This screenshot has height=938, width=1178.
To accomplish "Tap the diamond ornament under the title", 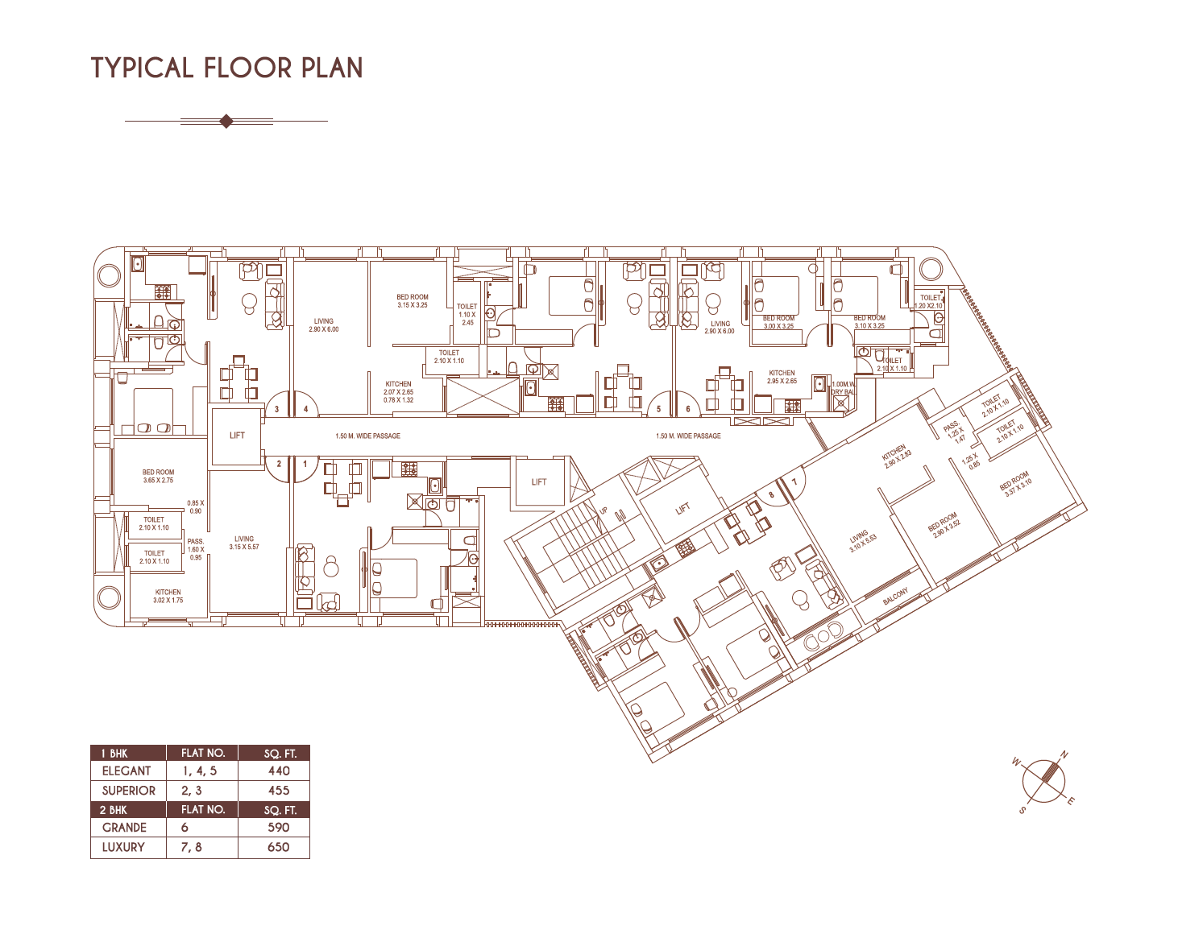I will coord(226,122).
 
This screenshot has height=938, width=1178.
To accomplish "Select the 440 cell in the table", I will coord(279,771).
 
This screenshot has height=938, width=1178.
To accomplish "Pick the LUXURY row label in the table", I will coord(123,847).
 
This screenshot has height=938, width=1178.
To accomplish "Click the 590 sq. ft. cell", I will coord(278,827).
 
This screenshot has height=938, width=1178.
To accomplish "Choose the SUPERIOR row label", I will coord(128,791).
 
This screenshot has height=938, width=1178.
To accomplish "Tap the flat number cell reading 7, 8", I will coord(192,847).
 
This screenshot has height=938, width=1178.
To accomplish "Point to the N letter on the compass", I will coord(1064,755).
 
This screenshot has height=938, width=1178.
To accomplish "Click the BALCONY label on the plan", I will coord(895,597).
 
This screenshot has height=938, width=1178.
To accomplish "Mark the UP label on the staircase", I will coord(603,510).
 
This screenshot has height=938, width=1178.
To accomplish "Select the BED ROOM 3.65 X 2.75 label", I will coord(158,476).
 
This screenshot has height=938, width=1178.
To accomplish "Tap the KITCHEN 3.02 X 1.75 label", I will coord(168,596).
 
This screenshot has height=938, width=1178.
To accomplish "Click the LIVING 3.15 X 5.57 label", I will coord(244,543).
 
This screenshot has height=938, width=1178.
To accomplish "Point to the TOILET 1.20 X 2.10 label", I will coord(929,301).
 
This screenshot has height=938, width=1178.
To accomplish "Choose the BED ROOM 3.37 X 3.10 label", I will coord(1015,485).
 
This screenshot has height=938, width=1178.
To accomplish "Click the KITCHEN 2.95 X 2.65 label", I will coord(782,377).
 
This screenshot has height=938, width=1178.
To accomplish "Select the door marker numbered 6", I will coord(687,409).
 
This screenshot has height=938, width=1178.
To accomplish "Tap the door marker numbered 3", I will coord(277,409).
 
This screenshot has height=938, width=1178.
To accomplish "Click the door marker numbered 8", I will coord(771,495).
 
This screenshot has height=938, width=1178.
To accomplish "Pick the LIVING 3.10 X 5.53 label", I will coord(862,542).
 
